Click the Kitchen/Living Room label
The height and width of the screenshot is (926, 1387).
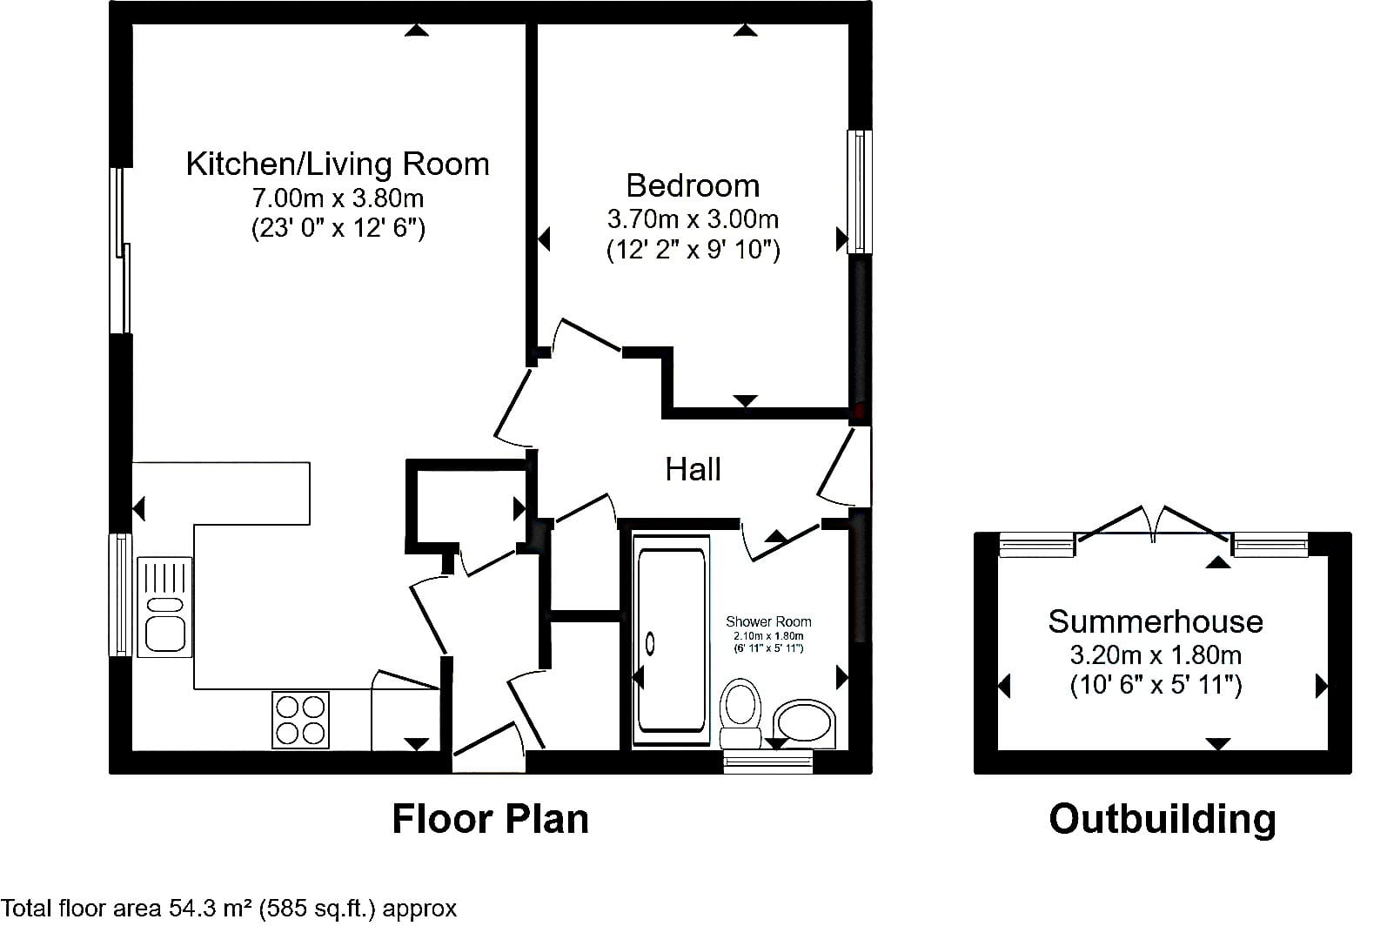pyautogui.click(x=338, y=164)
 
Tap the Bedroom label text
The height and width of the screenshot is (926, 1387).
pyautogui.click(x=693, y=185)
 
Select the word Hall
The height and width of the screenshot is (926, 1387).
pyautogui.click(x=693, y=469)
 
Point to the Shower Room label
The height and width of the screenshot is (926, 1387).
pyautogui.click(x=768, y=621)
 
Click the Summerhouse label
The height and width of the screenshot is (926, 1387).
pyautogui.click(x=1156, y=621)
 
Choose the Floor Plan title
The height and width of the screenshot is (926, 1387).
pyautogui.click(x=491, y=819)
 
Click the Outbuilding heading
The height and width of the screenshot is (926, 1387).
pyautogui.click(x=1163, y=819)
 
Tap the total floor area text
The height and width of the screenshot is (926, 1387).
pyautogui.click(x=229, y=908)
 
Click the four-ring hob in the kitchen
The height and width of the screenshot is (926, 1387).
pyautogui.click(x=300, y=720)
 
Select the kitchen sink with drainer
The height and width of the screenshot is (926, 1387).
pyautogui.click(x=164, y=607)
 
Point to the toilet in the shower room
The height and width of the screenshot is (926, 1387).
pyautogui.click(x=740, y=714)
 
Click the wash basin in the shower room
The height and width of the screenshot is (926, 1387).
pyautogui.click(x=804, y=723)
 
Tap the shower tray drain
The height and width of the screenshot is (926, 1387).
pyautogui.click(x=650, y=643)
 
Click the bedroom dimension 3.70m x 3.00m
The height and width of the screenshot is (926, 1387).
pyautogui.click(x=693, y=218)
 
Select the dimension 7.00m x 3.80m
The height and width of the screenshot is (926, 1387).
pyautogui.click(x=338, y=198)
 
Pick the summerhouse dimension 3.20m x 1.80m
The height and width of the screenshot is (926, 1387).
pyautogui.click(x=1156, y=654)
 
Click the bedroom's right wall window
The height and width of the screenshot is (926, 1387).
pyautogui.click(x=860, y=191)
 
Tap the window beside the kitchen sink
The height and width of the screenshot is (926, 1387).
pyautogui.click(x=120, y=594)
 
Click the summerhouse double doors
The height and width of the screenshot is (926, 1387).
pyautogui.click(x=1153, y=526)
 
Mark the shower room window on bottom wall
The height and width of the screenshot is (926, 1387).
pyautogui.click(x=768, y=761)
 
